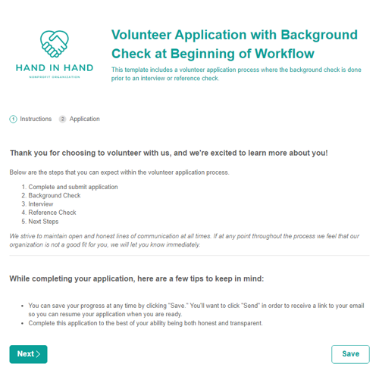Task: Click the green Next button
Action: click(x=28, y=354)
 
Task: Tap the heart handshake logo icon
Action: click(x=55, y=45)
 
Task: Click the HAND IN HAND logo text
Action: click(x=55, y=68)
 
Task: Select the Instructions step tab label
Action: click(x=36, y=119)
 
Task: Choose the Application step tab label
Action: click(x=84, y=119)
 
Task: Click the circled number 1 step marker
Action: click(x=13, y=119)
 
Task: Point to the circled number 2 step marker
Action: click(x=62, y=119)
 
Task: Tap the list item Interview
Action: click(x=41, y=204)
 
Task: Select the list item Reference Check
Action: click(x=52, y=213)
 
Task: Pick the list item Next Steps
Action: click(x=43, y=222)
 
